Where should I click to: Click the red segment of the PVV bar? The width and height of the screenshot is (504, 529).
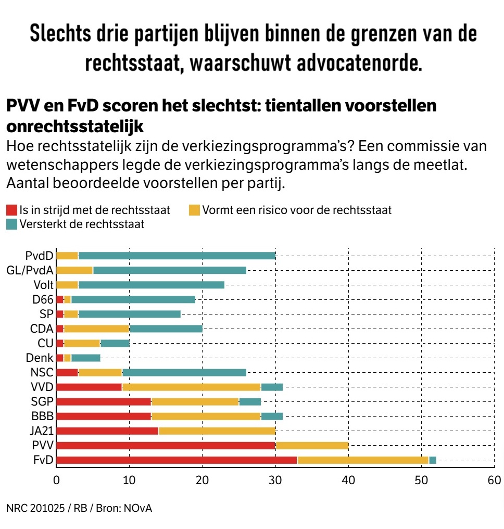166,445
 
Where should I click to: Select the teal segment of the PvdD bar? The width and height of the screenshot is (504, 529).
177,256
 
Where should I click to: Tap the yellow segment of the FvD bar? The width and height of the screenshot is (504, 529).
363,460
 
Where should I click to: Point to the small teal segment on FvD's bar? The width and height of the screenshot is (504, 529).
433,460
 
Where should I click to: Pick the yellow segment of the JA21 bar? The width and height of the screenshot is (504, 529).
217,431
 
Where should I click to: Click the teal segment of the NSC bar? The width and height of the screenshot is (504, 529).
184,372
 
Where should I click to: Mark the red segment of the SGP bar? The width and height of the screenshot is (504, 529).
103,401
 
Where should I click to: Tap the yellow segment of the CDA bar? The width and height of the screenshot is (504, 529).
97,329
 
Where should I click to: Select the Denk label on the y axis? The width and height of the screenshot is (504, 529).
40,358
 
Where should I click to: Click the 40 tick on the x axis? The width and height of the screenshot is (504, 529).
348,480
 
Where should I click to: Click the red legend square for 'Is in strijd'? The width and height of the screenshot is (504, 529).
11,210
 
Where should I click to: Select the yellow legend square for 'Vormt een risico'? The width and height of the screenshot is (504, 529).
194,210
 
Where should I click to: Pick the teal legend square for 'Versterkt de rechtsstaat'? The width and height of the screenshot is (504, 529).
11,224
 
